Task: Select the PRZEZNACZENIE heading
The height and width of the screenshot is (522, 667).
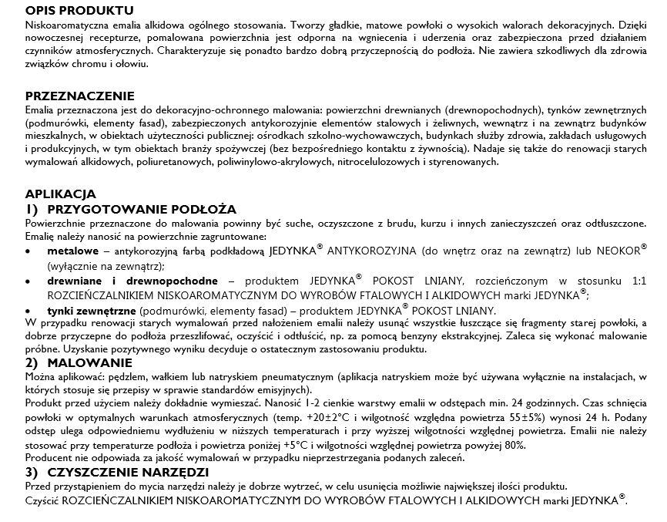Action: [79, 96]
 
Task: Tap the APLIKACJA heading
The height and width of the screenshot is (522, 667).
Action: [62, 194]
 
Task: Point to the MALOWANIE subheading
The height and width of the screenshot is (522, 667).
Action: [90, 362]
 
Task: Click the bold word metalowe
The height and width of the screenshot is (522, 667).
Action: [72, 251]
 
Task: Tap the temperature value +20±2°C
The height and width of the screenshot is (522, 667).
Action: [324, 417]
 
